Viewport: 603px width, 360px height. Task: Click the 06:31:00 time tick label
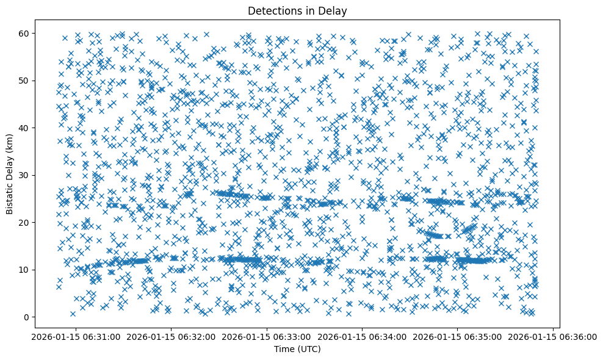pyautogui.click(x=74, y=337)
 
